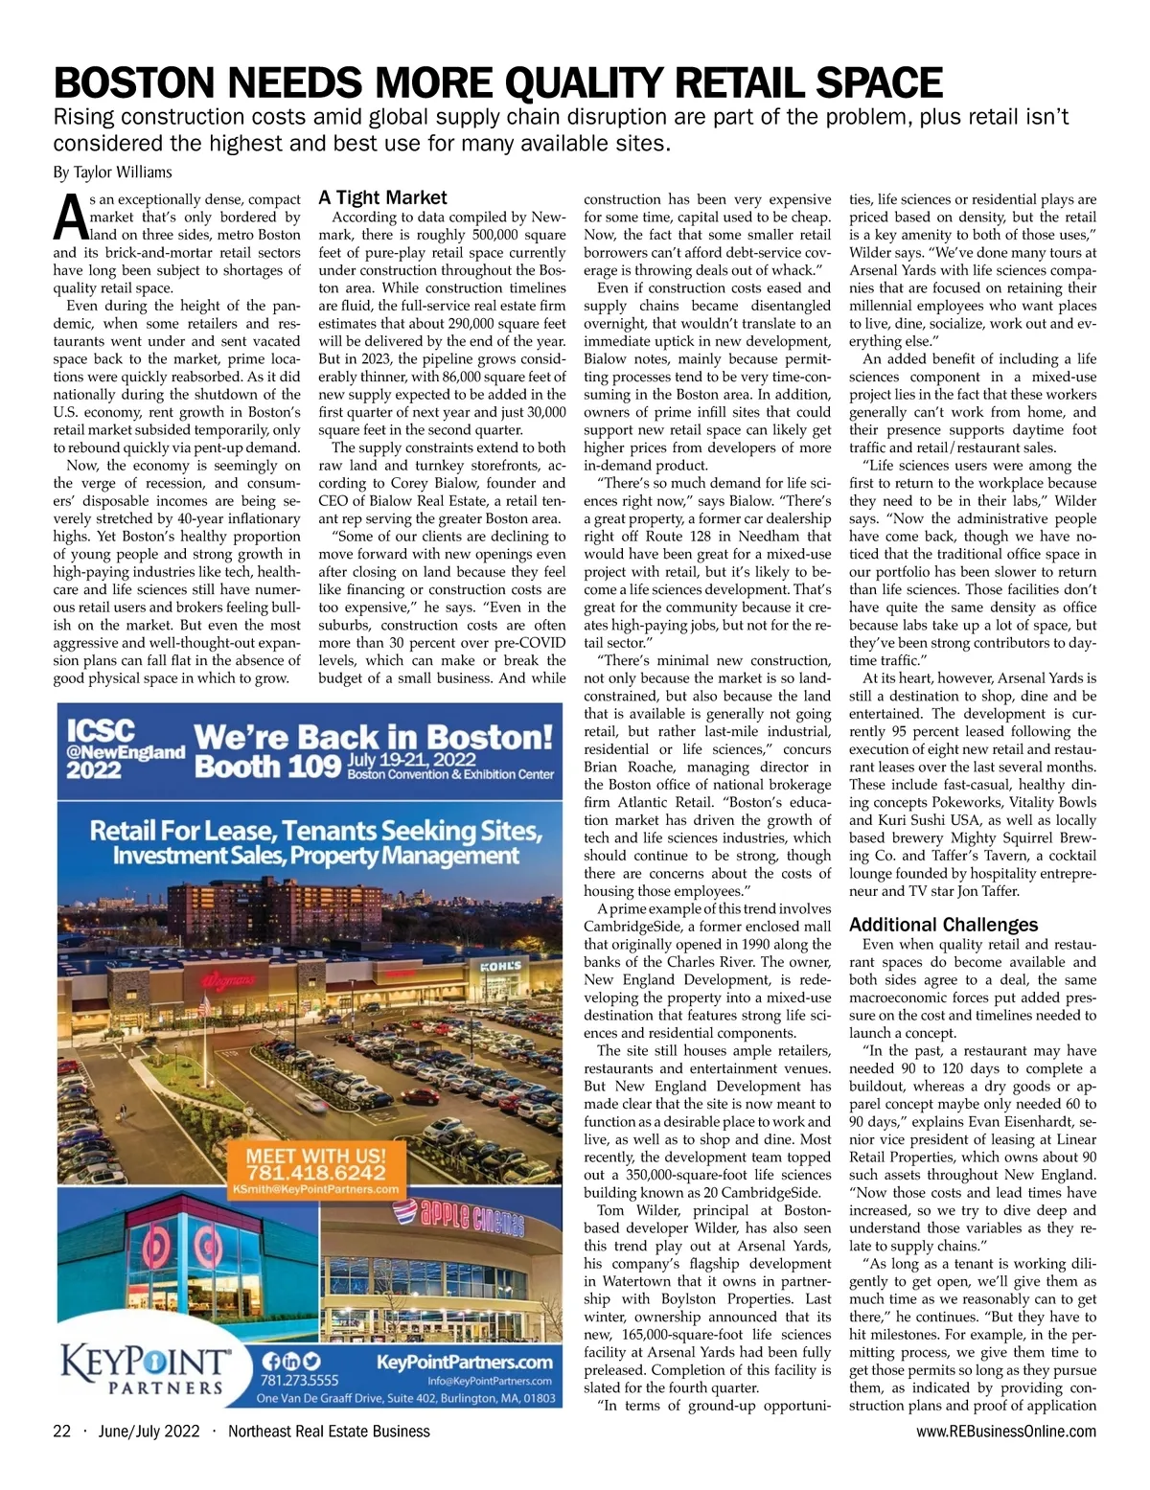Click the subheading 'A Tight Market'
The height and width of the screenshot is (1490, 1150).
point(382,198)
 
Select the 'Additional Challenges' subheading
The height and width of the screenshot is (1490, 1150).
point(943,925)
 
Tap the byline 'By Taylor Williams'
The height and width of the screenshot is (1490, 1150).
point(112,172)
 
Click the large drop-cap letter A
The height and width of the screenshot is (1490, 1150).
point(70,217)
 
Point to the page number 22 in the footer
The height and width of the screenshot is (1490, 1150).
point(62,1432)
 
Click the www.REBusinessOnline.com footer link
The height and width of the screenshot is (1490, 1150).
point(1005,1432)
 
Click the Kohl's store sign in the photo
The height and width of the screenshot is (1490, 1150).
point(500,966)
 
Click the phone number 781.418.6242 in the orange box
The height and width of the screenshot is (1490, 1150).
point(316,1173)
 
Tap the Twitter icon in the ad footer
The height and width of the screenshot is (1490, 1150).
point(312,1362)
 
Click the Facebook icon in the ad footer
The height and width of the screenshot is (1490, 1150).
point(271,1362)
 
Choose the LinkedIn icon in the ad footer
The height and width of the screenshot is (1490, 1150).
point(291,1362)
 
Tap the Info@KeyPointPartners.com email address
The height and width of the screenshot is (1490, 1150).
point(490,1381)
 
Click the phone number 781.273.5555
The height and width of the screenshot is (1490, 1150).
point(300,1382)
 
